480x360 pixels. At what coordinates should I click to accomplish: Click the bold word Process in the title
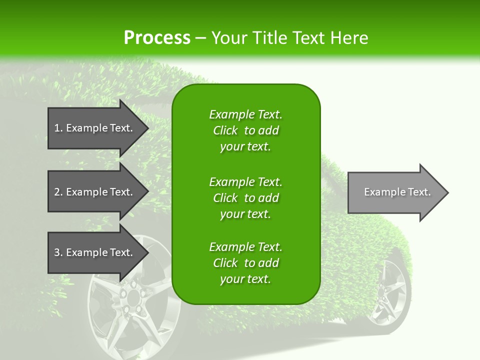157,38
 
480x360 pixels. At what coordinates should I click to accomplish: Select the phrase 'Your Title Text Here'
289,38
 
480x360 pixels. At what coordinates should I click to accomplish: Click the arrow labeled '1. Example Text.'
95,128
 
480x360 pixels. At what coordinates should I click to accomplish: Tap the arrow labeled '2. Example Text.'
95,192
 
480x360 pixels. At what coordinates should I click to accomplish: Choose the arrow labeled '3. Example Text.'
95,252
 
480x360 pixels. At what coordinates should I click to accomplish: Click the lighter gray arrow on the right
395,192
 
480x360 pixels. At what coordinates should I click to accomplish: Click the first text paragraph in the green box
245,130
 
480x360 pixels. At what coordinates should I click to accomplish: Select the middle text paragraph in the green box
245,198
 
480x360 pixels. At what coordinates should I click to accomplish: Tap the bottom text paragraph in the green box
245,263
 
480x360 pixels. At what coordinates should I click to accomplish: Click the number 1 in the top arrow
57,128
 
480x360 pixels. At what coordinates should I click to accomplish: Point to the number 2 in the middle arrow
57,192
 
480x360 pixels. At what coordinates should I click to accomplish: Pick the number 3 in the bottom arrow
57,252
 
